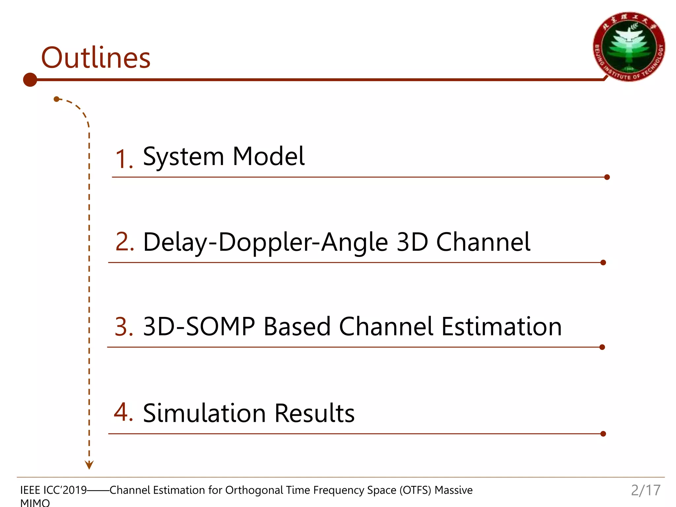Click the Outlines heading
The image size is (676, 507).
[x=96, y=58]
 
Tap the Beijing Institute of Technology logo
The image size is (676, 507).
[x=629, y=47]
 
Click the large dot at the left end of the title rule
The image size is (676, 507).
[x=30, y=80]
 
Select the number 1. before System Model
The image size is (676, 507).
[x=124, y=159]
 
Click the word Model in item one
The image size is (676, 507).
[x=268, y=156]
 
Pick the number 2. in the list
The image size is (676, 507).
[x=125, y=242]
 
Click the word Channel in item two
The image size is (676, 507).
[x=483, y=242]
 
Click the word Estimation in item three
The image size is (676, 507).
[x=501, y=327]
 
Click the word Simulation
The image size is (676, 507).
[x=204, y=413]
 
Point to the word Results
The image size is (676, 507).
[x=314, y=413]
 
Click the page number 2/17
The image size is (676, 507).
[x=646, y=490]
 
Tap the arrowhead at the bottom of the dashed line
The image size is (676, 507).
[x=89, y=465]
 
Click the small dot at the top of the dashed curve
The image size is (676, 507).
[x=56, y=99]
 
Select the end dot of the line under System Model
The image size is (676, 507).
[x=607, y=177]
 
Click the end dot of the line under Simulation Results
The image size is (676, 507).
[x=603, y=434]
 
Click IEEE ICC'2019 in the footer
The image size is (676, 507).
[x=53, y=490]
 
